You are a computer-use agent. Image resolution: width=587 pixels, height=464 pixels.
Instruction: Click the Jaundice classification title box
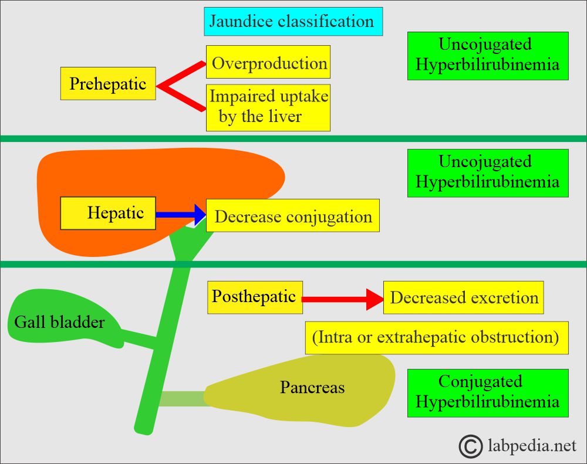coord(293,21)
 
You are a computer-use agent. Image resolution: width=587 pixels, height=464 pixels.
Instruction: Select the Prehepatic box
coord(108,83)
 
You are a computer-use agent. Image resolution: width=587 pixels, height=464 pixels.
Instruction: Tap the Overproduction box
coord(268,62)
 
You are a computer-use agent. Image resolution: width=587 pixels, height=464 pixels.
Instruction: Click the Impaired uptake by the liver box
coord(268,108)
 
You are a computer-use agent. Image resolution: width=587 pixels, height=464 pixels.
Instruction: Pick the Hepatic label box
coord(108,213)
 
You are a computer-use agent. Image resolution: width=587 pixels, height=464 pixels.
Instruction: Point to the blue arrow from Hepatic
coord(181,215)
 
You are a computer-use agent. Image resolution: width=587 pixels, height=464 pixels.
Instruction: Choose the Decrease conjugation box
coord(293,215)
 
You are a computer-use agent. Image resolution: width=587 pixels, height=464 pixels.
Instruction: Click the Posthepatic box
coord(255,297)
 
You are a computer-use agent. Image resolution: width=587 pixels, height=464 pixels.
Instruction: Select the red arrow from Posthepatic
coord(343,299)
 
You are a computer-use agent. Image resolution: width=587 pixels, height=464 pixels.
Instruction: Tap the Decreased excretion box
coord(464,297)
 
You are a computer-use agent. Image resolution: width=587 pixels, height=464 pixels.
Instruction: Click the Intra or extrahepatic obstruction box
coord(437,337)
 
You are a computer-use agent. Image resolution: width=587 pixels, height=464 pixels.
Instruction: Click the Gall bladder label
coord(59,322)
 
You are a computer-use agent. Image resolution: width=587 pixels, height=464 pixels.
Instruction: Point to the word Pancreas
coord(312,387)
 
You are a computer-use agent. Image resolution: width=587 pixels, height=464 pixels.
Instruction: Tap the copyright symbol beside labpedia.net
coord(471,446)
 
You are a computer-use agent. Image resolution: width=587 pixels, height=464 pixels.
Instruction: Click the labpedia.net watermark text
coord(532,445)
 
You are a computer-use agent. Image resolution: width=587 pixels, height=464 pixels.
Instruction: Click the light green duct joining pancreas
coord(183,398)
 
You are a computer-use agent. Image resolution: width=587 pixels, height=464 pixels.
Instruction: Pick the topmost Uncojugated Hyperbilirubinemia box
coord(488,56)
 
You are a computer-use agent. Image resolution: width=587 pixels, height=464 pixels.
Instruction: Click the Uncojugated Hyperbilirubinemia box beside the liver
coord(488,173)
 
